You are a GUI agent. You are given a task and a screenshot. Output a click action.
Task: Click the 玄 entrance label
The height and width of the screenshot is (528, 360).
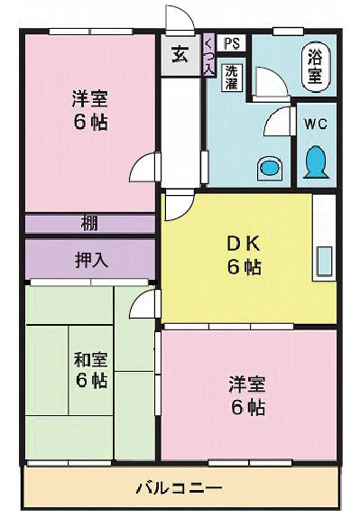point(180,55)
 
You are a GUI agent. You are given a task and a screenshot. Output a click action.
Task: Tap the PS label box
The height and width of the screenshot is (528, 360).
point(231,42)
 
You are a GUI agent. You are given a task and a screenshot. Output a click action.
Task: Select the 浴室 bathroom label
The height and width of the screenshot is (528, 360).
point(315,66)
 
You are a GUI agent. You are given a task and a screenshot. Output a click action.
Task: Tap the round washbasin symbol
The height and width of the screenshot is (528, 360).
point(268,167)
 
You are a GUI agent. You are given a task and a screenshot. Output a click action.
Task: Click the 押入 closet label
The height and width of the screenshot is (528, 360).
point(90,260)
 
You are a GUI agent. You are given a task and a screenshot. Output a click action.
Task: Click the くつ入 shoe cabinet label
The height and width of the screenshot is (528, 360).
point(208,56)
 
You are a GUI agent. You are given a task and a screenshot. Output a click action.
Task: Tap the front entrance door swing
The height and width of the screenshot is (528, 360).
point(177,20)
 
